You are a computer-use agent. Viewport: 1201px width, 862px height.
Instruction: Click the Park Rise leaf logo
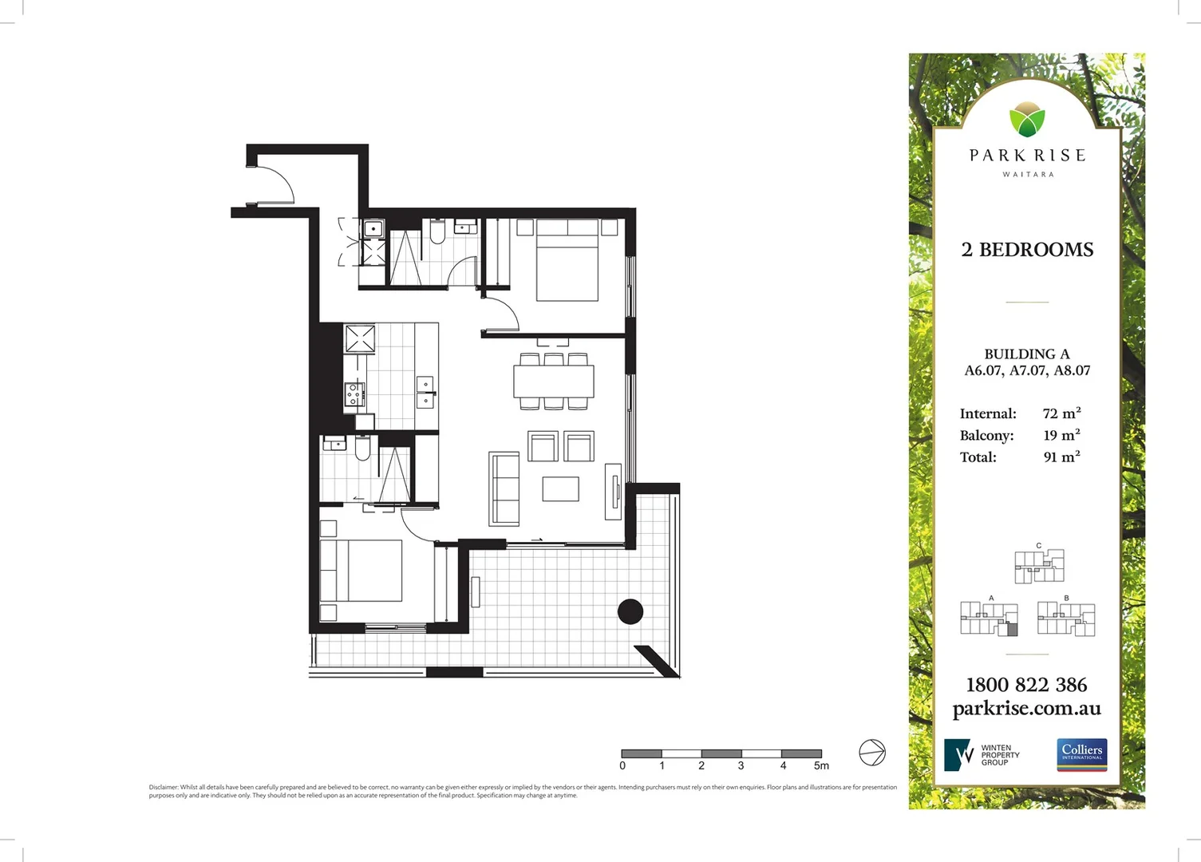click(x=1027, y=120)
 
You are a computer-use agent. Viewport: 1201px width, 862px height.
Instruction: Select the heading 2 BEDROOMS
click(x=1027, y=250)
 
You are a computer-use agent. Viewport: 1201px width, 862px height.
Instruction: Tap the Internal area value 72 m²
click(x=1061, y=413)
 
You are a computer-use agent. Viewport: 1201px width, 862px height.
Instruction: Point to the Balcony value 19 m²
click(x=1061, y=435)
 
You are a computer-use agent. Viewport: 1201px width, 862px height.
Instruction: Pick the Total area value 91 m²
click(x=1061, y=457)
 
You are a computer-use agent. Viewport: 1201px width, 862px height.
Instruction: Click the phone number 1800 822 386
click(x=1026, y=685)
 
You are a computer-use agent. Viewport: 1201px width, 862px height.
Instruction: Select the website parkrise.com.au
click(x=1026, y=709)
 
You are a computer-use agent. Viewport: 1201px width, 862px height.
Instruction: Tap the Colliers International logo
click(x=1081, y=754)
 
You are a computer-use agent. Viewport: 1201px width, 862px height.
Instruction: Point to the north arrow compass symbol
click(x=872, y=753)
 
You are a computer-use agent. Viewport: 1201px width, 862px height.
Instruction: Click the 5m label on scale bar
click(x=821, y=765)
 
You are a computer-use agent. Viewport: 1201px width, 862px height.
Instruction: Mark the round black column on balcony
click(x=630, y=611)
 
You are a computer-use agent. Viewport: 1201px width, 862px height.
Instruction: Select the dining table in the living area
click(x=554, y=381)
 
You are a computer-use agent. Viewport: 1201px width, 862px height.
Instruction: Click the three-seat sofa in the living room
click(x=504, y=488)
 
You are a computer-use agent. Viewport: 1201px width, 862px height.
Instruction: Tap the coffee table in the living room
click(x=560, y=488)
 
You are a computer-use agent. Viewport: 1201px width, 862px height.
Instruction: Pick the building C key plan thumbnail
click(x=1039, y=565)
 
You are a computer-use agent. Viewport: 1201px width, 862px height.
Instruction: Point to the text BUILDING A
click(x=1026, y=354)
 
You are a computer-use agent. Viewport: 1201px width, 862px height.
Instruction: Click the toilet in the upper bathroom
click(x=437, y=232)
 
